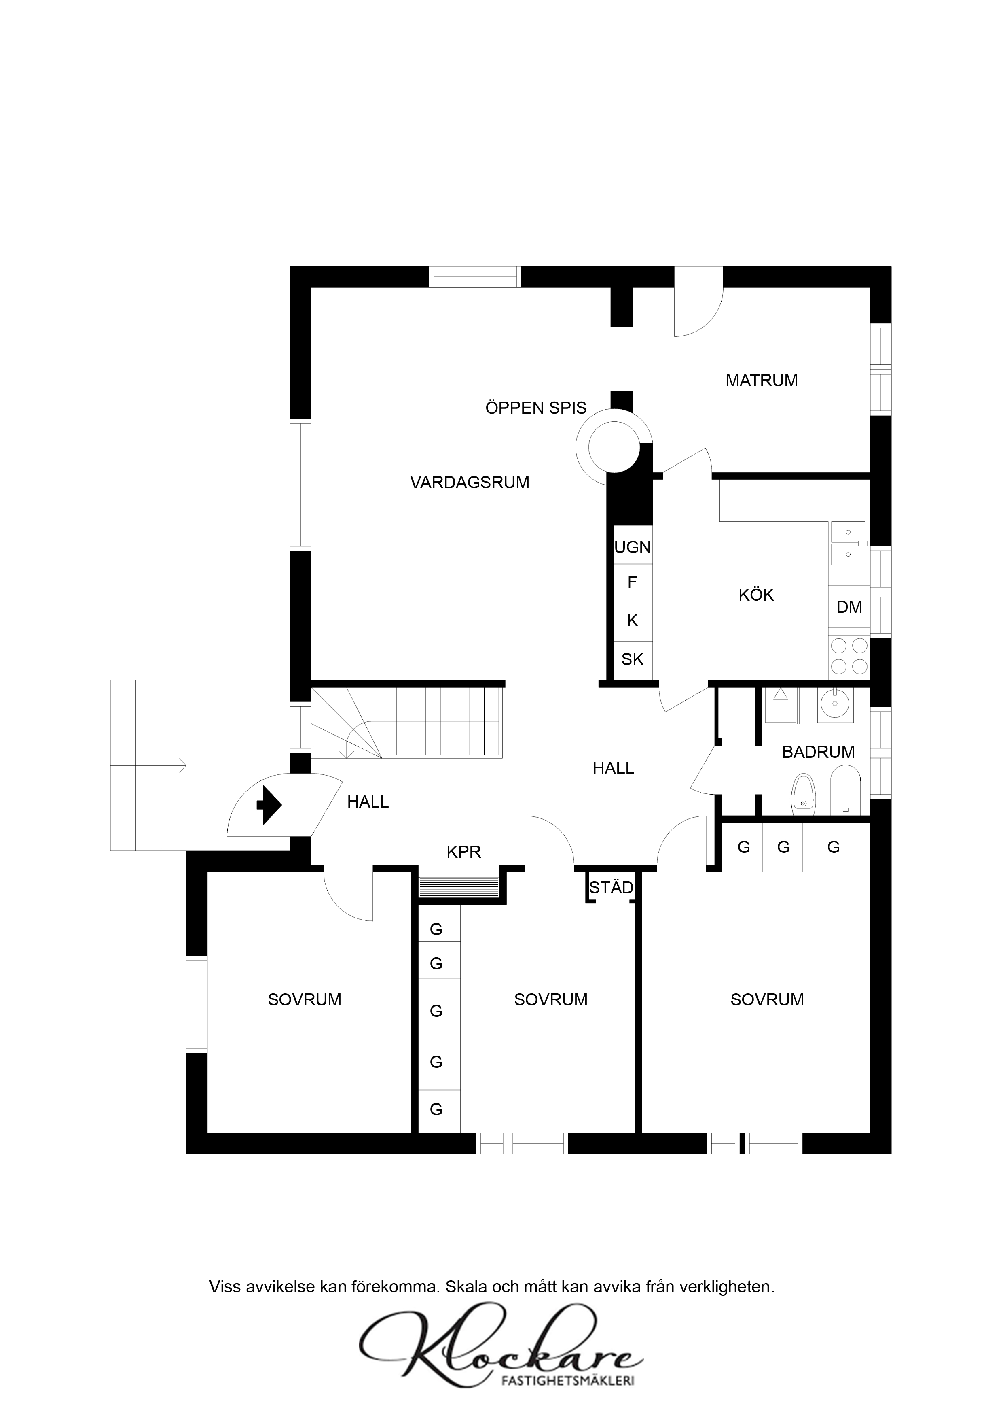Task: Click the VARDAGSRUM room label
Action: pyautogui.click(x=470, y=483)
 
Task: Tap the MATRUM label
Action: pyautogui.click(x=762, y=381)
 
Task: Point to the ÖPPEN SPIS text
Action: pyautogui.click(x=536, y=408)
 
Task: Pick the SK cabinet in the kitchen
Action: pyautogui.click(x=632, y=661)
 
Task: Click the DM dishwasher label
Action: pyautogui.click(x=849, y=607)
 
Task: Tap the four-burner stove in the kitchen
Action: pyautogui.click(x=849, y=656)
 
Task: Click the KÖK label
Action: pyautogui.click(x=756, y=595)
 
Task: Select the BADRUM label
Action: pyautogui.click(x=818, y=752)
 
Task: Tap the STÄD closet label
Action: pyautogui.click(x=611, y=887)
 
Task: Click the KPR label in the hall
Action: pyautogui.click(x=463, y=852)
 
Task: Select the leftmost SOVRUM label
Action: pyautogui.click(x=305, y=1000)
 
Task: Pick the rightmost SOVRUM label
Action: pyautogui.click(x=767, y=1000)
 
